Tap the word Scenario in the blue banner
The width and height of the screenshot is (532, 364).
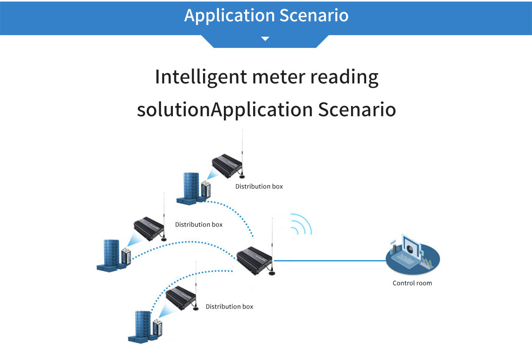click(314, 15)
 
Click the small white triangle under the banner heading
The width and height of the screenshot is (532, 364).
click(265, 39)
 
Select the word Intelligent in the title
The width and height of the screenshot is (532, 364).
click(201, 77)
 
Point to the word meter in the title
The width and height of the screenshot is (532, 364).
click(278, 77)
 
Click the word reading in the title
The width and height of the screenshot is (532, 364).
click(344, 77)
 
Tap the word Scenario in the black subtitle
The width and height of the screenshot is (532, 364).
click(357, 110)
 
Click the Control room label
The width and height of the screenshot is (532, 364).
click(412, 283)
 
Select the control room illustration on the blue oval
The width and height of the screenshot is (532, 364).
click(412, 257)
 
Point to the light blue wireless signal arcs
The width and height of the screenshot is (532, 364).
click(301, 225)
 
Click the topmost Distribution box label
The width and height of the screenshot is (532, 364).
click(259, 186)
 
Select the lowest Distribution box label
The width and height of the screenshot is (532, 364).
click(229, 306)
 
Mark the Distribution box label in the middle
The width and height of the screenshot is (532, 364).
click(199, 224)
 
